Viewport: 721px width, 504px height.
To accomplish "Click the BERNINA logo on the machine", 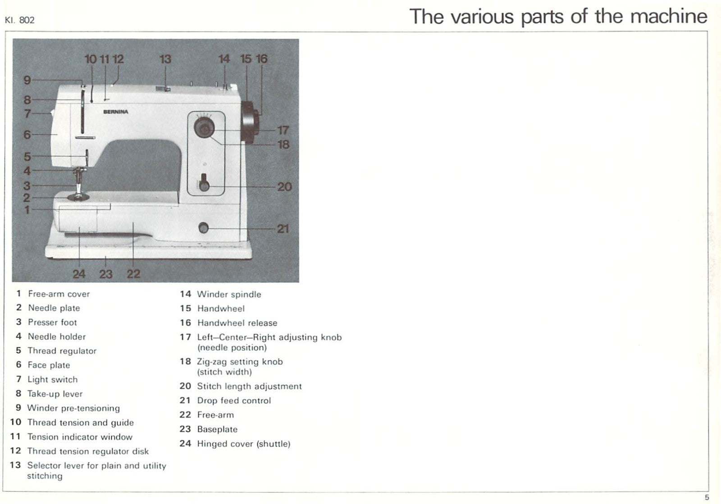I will pos(115,112).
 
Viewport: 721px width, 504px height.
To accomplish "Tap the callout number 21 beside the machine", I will pos(283,229).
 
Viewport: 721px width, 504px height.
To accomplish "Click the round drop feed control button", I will pos(204,228).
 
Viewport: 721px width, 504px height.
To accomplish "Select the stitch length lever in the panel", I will pos(204,182).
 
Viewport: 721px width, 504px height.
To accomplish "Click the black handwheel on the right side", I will pos(250,122).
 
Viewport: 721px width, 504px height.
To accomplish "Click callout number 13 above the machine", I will pos(165,59).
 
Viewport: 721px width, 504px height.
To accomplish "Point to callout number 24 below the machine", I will pos(79,274).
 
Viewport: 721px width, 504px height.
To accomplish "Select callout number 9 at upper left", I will pos(27,80).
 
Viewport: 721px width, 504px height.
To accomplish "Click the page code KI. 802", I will pos(19,20).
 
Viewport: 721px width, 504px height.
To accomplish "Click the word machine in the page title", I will pos(668,17).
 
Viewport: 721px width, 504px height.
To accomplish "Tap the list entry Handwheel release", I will pos(237,323).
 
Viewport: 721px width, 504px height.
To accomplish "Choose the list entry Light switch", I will pos(52,380).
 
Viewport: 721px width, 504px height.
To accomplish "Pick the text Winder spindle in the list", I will pos(229,295).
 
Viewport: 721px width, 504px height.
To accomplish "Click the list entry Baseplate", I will pos(217,430).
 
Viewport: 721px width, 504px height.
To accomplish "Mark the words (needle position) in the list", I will pos(232,348).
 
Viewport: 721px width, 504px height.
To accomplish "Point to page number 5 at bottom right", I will pos(707,497).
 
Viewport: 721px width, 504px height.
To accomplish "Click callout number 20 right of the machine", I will pos(284,186).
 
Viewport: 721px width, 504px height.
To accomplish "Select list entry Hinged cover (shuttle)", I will pos(243,444).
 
